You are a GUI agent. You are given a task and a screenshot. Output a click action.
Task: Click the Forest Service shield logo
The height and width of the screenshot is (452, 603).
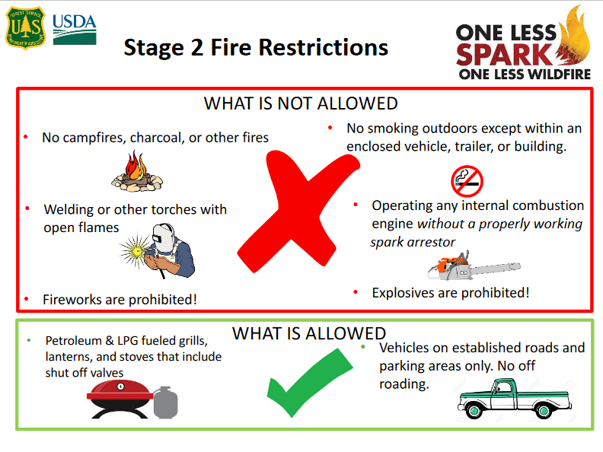coord(26,27)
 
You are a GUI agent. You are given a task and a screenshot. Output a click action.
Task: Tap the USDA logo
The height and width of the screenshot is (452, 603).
coord(75,30)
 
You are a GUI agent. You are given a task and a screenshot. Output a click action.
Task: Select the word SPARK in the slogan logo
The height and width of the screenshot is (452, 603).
coord(504,55)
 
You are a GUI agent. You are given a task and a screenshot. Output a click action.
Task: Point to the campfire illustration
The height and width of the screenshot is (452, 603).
coord(137,171)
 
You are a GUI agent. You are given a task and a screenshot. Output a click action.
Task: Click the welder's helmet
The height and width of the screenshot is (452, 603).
coord(163,237)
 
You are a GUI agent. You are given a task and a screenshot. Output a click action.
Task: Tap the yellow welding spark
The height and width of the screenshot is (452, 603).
coord(136,251)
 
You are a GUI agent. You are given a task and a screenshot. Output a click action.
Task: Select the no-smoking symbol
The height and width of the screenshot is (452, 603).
coord(467,181)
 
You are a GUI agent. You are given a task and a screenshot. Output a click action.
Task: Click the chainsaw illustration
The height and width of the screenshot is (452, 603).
coord(474,266)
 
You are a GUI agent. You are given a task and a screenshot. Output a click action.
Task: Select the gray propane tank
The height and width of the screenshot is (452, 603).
coord(166,403)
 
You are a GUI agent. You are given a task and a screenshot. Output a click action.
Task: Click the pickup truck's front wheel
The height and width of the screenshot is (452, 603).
coord(474,411)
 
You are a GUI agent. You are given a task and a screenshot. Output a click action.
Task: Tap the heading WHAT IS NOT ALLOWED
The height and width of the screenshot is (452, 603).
coord(301,103)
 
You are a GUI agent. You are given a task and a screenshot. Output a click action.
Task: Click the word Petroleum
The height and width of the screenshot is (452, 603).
coord(73,341)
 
